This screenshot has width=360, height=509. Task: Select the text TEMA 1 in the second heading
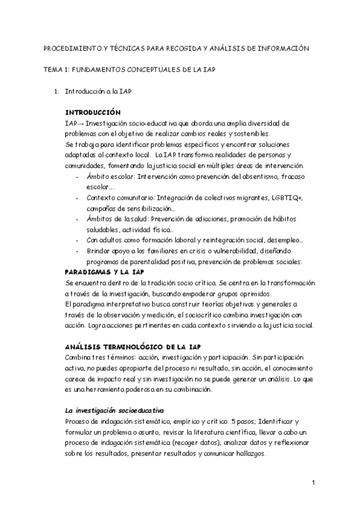[x=56, y=70]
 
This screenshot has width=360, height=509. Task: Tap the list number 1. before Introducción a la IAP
[x=56, y=91]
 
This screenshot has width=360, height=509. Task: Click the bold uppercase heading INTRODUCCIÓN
[x=92, y=113]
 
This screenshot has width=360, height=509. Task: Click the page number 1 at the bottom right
[x=314, y=483]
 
